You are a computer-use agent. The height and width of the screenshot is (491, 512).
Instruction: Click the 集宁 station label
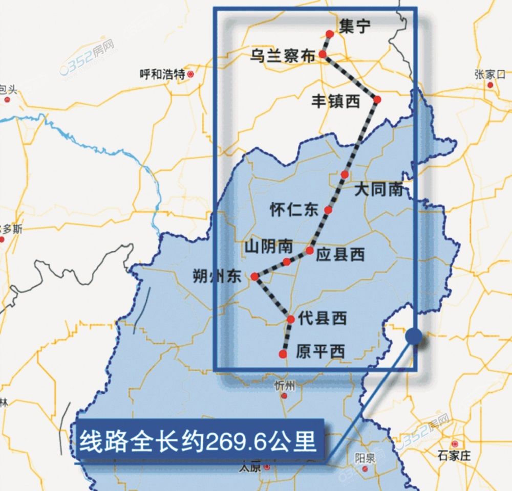pyautogui.click(x=354, y=27)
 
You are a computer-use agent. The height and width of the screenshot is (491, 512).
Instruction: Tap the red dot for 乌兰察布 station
pyautogui.click(x=323, y=54)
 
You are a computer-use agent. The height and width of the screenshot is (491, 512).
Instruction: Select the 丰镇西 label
pyautogui.click(x=336, y=101)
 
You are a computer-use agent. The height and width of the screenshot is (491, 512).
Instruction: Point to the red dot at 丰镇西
pyautogui.click(x=377, y=99)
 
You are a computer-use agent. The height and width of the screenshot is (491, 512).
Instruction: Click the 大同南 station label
pyautogui.click(x=378, y=190)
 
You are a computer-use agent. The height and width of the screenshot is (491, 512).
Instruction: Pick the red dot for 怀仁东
pyautogui.click(x=328, y=210)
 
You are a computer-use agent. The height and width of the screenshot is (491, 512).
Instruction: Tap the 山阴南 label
pyautogui.click(x=268, y=247)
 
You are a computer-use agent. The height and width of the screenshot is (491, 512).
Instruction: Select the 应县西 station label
pyautogui.click(x=340, y=254)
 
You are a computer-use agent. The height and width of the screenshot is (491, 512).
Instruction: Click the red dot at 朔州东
pyautogui.click(x=254, y=277)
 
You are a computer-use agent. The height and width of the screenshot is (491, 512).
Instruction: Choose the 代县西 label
pyautogui.click(x=322, y=319)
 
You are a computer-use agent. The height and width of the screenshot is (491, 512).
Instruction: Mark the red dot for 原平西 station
pyautogui.click(x=283, y=354)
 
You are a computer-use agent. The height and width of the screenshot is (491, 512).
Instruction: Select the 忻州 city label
pyautogui.click(x=285, y=385)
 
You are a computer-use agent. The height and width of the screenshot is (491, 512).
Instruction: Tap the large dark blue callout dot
pyautogui.click(x=414, y=336)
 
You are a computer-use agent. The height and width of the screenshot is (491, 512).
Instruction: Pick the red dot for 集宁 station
pyautogui.click(x=330, y=34)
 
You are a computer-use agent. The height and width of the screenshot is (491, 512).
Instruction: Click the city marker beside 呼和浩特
pyautogui.click(x=191, y=75)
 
